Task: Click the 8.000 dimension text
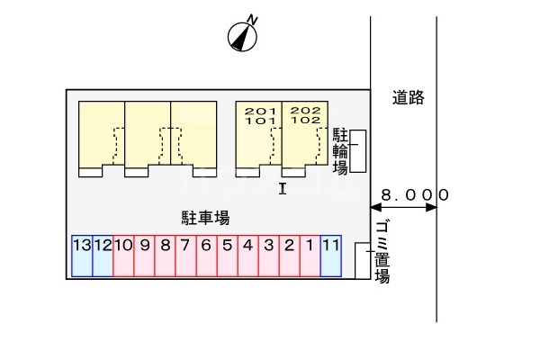tap(414, 193)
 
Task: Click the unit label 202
tap(305, 111)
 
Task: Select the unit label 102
tap(305, 121)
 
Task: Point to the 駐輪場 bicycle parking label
tap(341, 150)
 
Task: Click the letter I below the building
tap(282, 187)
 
